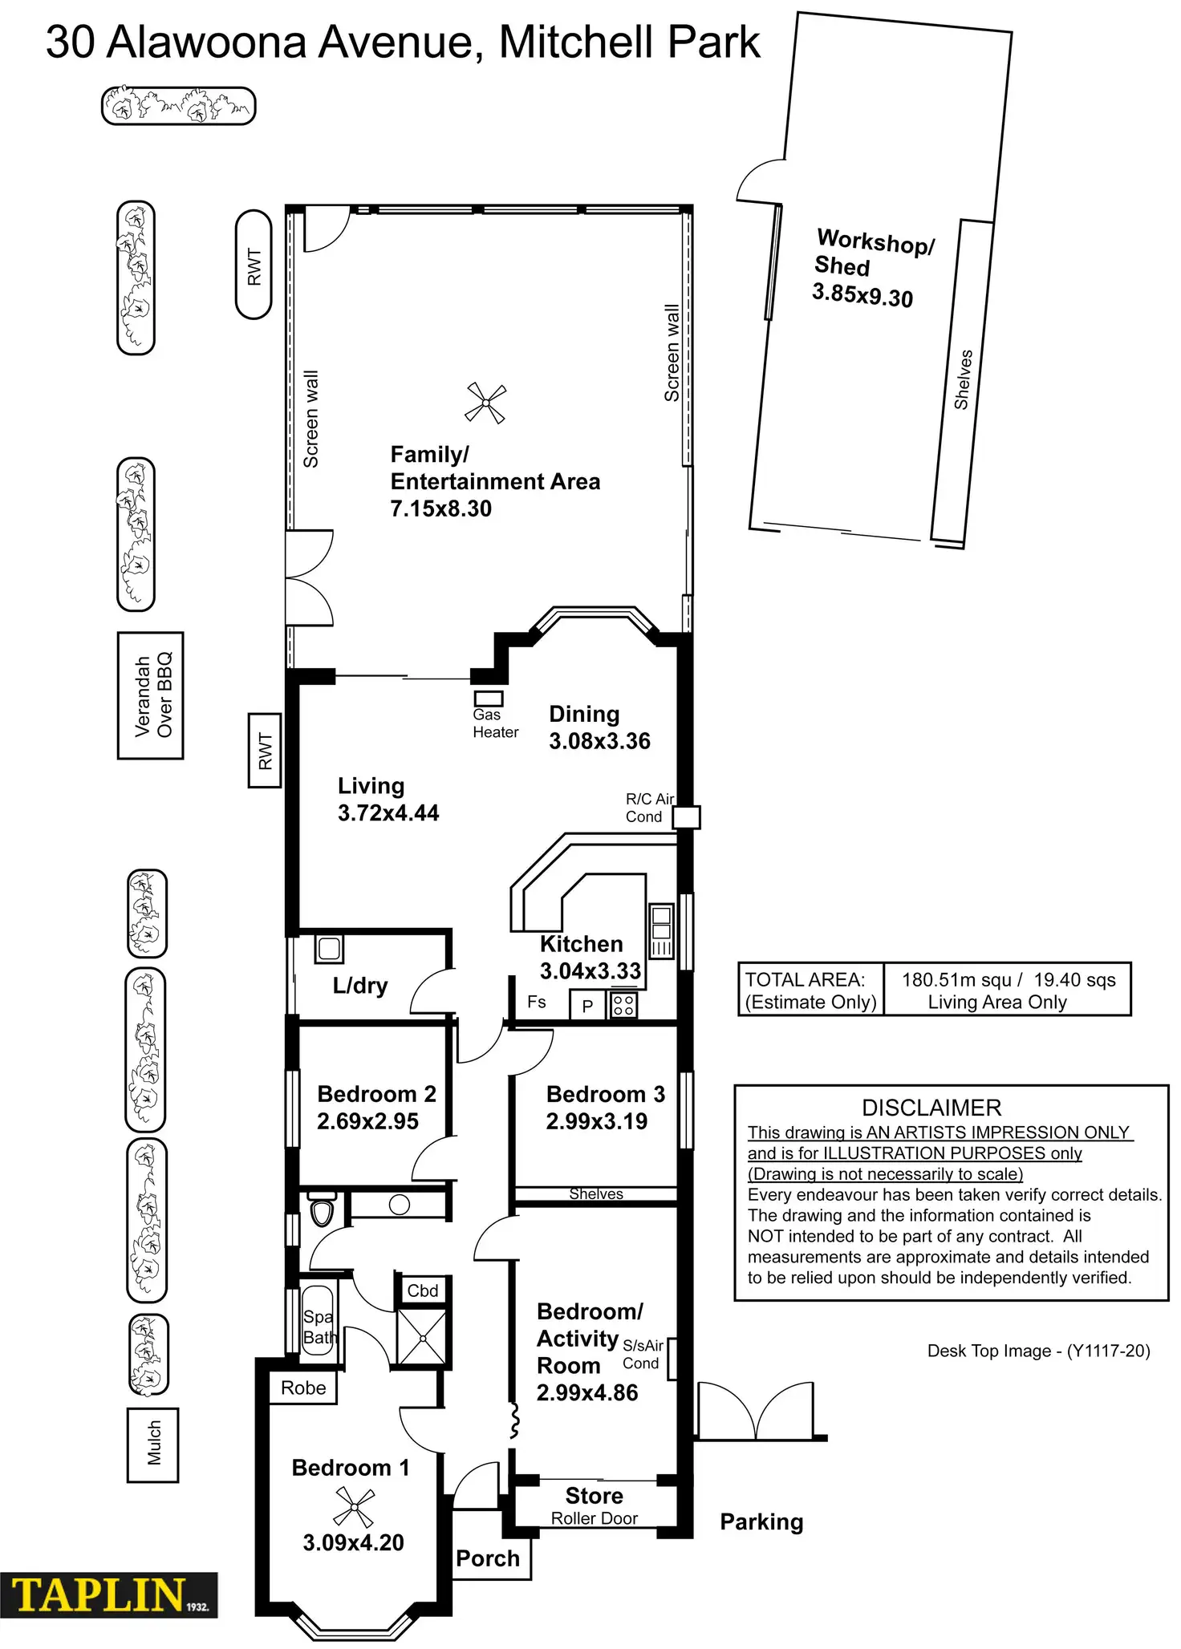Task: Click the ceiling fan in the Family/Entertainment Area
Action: (485, 403)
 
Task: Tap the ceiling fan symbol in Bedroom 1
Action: (353, 1506)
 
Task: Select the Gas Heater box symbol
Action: (488, 699)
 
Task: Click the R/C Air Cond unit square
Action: (686, 817)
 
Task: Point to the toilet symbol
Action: (322, 1210)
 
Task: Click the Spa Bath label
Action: (318, 1327)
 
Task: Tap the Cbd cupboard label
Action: (423, 1290)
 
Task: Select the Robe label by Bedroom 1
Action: (303, 1388)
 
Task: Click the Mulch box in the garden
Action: (153, 1444)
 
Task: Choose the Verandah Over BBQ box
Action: (151, 695)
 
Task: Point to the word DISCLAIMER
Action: (931, 1108)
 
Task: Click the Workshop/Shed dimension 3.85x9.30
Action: (862, 295)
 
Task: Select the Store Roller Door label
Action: (595, 1506)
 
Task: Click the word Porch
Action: (488, 1558)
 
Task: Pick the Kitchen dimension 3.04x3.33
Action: (590, 971)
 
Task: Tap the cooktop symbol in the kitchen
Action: (623, 1005)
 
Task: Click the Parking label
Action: (761, 1521)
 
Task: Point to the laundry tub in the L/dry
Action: (329, 949)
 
